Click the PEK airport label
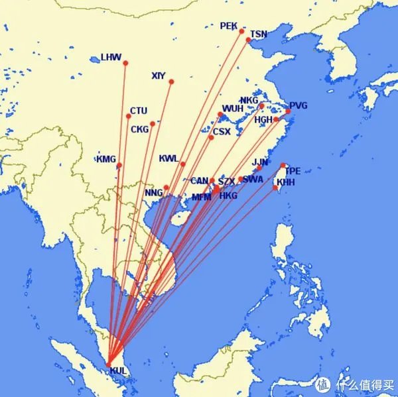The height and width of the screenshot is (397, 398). tap(228, 26)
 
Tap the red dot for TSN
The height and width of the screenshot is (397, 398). tap(249, 40)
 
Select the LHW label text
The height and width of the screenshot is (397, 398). tap(111, 57)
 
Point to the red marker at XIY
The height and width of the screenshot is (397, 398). tap(171, 82)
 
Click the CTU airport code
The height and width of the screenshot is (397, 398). tap(139, 111)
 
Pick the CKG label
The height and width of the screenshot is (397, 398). tap(140, 129)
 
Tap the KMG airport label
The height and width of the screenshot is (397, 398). tap(106, 159)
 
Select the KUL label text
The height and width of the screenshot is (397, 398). tap(119, 370)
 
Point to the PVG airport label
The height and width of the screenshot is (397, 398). tap(298, 105)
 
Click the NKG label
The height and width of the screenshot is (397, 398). tap(249, 101)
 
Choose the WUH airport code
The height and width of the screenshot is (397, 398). tap(232, 109)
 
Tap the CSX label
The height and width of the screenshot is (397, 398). tap(222, 131)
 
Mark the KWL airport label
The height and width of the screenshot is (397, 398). tap(168, 159)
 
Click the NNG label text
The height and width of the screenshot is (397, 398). tap(153, 193)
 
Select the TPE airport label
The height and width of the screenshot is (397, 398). tap(293, 170)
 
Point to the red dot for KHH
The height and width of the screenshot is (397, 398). tap(276, 188)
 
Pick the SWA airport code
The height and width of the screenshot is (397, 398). tap(253, 179)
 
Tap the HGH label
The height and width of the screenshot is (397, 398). tap(264, 120)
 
